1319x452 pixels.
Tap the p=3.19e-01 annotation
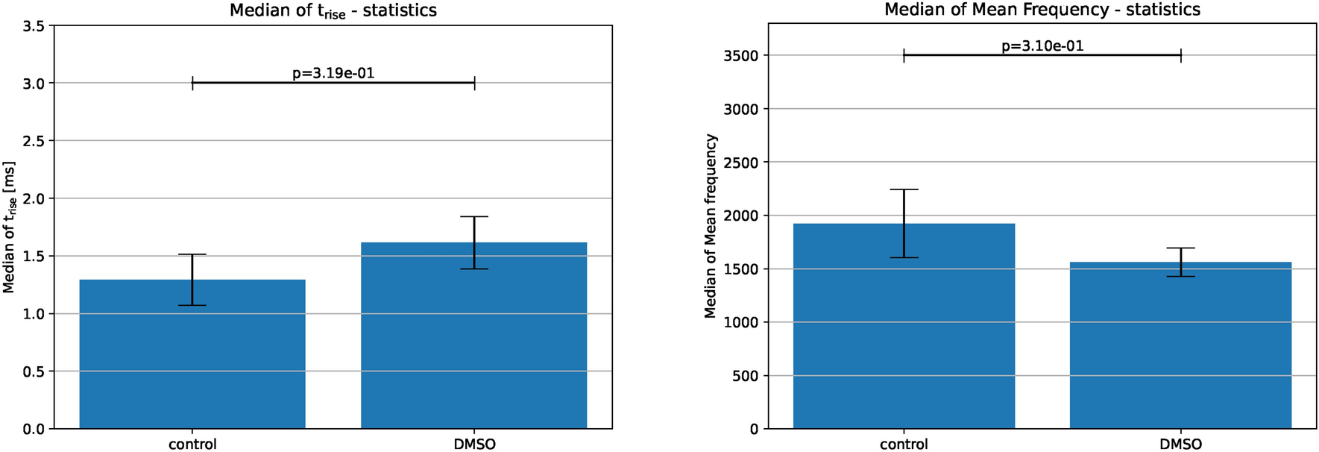click(x=333, y=73)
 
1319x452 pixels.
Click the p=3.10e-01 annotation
click(x=1042, y=46)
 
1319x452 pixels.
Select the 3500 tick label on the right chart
click(x=740, y=56)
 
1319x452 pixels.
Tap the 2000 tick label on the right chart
click(x=740, y=216)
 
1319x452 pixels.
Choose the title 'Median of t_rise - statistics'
click(x=333, y=11)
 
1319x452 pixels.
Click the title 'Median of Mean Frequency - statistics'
click(x=1042, y=10)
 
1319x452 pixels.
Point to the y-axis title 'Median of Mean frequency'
click(x=711, y=226)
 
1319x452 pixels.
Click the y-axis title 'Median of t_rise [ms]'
click(x=10, y=227)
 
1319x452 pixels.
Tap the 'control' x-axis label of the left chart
click(x=192, y=445)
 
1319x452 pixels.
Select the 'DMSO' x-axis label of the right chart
click(x=1180, y=445)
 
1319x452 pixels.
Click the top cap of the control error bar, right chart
click(x=904, y=189)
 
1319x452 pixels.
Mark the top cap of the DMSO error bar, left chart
click(x=474, y=216)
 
